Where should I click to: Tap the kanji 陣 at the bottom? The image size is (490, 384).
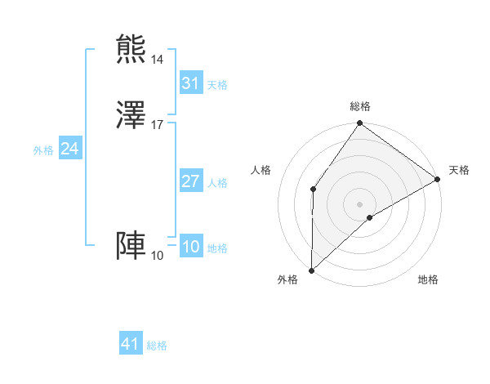click(x=131, y=246)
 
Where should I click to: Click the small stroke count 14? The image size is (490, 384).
click(x=158, y=59)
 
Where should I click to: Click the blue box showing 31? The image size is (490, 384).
click(x=191, y=83)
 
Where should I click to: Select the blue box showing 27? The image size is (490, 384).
click(x=191, y=181)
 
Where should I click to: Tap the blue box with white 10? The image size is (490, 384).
click(x=191, y=248)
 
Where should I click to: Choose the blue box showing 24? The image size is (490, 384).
click(x=70, y=149)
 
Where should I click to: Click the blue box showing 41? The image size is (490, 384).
click(x=131, y=344)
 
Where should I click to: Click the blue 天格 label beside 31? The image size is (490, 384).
click(x=217, y=85)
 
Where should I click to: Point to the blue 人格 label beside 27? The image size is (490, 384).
click(x=217, y=183)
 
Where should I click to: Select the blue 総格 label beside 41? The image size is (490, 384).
click(x=157, y=346)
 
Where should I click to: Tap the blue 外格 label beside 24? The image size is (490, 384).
click(x=43, y=150)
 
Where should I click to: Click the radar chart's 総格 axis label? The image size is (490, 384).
click(x=360, y=106)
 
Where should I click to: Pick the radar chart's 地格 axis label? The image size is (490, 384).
click(x=428, y=280)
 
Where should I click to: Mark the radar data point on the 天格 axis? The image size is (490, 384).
click(x=438, y=180)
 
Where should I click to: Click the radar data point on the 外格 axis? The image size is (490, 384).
click(x=311, y=270)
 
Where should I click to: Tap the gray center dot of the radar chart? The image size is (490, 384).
click(x=360, y=203)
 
